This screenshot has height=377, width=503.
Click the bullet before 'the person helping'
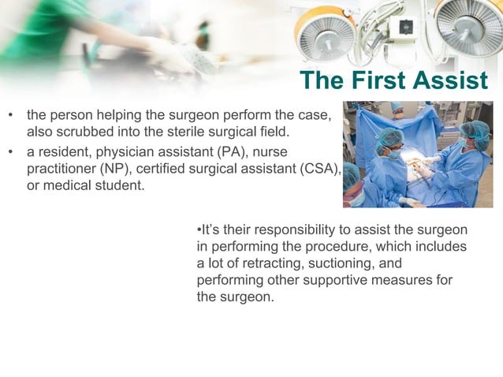(x=11, y=116)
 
